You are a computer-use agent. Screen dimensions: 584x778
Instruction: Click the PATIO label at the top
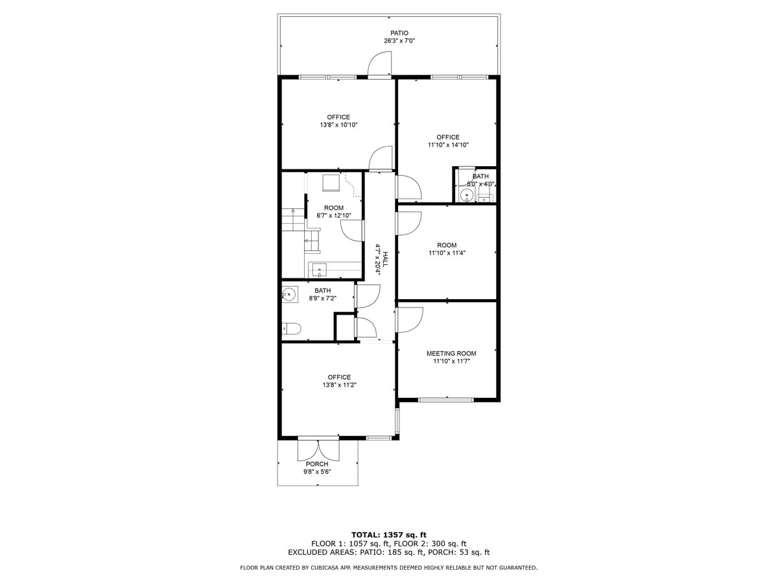(x=399, y=33)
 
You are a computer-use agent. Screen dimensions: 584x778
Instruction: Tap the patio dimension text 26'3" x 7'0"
(x=399, y=41)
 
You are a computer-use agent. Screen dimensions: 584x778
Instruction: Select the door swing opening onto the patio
(x=381, y=66)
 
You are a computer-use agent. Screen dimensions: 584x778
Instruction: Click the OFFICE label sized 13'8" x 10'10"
(x=338, y=117)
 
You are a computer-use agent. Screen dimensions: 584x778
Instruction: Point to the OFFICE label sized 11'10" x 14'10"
(x=447, y=137)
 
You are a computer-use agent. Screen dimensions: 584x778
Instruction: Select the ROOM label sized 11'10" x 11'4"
(x=447, y=245)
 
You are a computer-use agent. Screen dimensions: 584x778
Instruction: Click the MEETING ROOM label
(x=451, y=354)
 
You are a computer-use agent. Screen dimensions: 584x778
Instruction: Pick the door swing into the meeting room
(x=410, y=318)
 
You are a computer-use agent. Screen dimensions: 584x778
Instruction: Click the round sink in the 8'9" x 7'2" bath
(x=289, y=295)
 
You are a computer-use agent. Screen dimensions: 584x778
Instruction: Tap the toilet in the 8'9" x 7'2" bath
(x=291, y=329)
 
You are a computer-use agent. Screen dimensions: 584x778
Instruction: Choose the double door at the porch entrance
(x=318, y=449)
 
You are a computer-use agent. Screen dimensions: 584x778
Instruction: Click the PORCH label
(x=317, y=464)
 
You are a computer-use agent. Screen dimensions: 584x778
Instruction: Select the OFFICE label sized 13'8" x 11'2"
(x=338, y=377)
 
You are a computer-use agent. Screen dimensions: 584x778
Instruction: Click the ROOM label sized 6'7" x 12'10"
(x=334, y=208)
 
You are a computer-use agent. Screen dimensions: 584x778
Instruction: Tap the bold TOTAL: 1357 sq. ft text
(x=388, y=534)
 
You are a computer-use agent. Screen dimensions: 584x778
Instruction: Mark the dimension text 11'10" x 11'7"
(x=451, y=361)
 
